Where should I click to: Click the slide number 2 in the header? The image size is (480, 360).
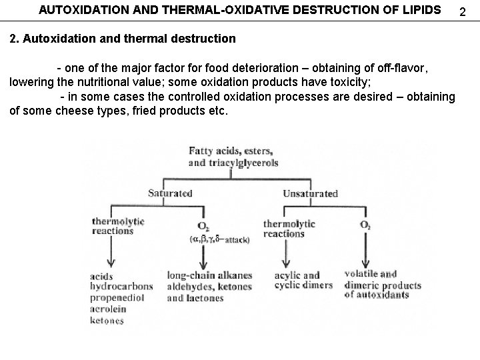pos(466,11)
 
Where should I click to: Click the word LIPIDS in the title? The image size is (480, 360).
pos(421,10)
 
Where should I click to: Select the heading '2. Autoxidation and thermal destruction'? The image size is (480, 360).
pos(123,39)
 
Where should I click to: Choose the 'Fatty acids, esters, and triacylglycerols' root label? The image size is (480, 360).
pos(233,156)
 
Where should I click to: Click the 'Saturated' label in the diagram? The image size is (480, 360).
pos(170,193)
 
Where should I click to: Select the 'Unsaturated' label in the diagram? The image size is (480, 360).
pos(310,193)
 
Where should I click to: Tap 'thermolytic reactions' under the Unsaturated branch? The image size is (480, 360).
pos(284,229)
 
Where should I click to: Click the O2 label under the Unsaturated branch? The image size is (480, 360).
pos(365,225)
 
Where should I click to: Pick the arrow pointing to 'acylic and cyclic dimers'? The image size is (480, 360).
pos(286,253)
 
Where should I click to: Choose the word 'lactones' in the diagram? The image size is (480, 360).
pos(206,297)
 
